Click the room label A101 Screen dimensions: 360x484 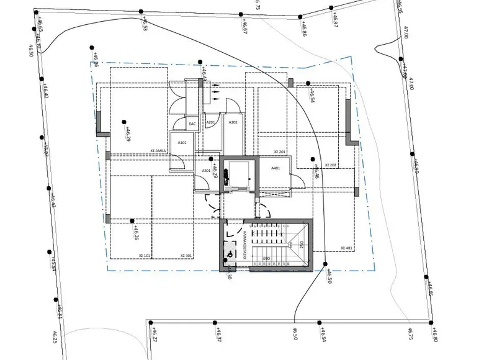(x=182, y=143)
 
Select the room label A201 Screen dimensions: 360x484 (x=210, y=122)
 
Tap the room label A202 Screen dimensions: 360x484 (x=233, y=122)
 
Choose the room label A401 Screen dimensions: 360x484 (x=276, y=168)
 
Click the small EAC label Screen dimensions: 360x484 (x=192, y=124)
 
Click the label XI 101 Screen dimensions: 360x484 (x=145, y=255)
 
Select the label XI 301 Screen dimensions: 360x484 (x=186, y=255)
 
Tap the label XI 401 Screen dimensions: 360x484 (x=346, y=248)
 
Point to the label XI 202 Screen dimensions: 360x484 (x=329, y=164)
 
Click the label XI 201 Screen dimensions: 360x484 (x=279, y=152)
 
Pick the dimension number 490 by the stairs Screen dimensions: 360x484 (x=266, y=258)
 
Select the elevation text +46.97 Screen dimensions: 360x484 (x=334, y=20)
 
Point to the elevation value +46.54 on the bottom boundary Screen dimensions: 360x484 (x=323, y=336)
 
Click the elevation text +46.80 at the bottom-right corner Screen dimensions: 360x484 (x=434, y=336)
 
